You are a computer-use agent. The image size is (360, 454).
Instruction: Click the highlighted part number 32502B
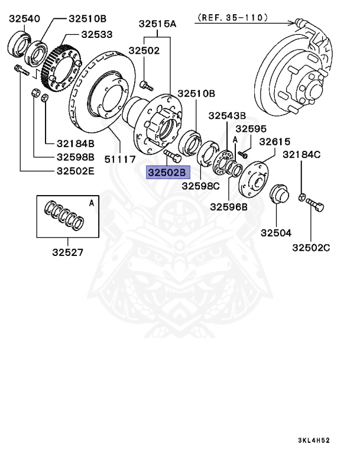167,173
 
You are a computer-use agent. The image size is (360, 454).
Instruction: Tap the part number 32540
24,20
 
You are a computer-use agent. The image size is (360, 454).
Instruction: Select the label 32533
97,35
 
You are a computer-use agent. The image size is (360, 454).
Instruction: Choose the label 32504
275,233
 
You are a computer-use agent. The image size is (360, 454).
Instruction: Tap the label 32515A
158,24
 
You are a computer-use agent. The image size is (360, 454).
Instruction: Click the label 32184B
75,144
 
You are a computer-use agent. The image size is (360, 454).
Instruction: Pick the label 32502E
75,171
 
